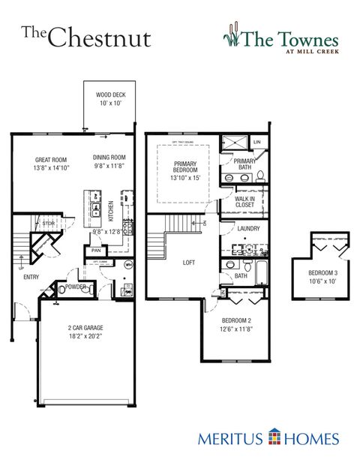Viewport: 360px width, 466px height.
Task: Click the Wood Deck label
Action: (109, 95)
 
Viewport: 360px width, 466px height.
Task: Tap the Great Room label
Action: (50, 159)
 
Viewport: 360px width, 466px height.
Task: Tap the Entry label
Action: (31, 277)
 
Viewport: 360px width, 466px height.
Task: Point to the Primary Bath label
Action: (244, 164)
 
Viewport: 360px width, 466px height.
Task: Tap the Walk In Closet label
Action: (244, 202)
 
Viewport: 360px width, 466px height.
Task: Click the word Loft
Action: (189, 263)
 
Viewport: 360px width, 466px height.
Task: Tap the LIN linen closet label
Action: (256, 141)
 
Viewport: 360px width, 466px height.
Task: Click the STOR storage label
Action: (48, 224)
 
